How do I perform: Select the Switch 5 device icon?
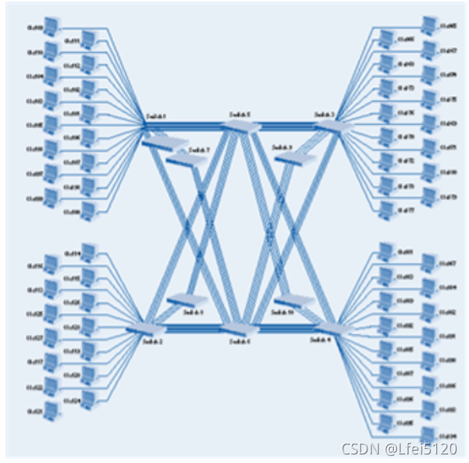pos(240,127)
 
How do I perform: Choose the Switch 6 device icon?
pos(240,329)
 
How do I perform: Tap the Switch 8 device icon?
pos(184,300)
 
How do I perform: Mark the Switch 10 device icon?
pos(290,301)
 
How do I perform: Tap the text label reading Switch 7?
pos(199,148)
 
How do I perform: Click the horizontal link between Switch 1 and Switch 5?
pos(194,125)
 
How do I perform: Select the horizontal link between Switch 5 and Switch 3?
pos(287,124)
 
